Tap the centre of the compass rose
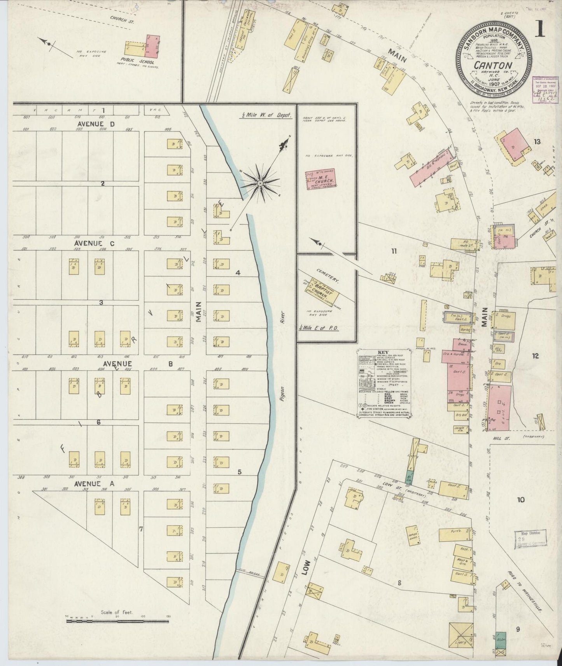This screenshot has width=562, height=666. (259, 183)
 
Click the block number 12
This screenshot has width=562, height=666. (535, 356)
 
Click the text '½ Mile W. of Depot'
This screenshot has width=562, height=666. (266, 115)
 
